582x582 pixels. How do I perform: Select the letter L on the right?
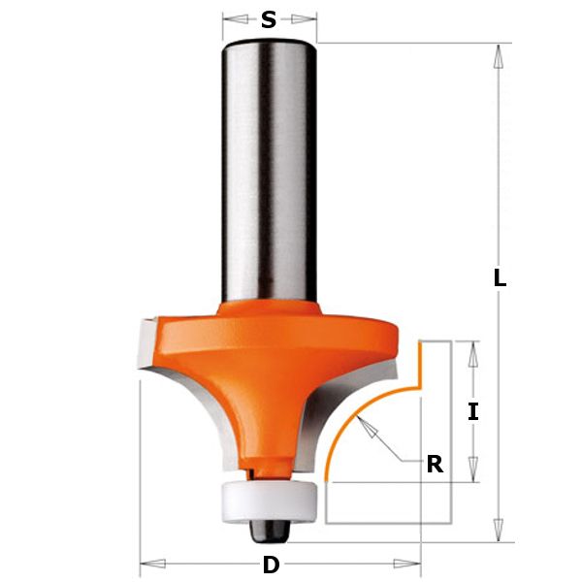(x=499, y=277)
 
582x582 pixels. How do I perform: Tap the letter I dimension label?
(x=472, y=411)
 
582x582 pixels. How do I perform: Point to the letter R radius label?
(x=435, y=465)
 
